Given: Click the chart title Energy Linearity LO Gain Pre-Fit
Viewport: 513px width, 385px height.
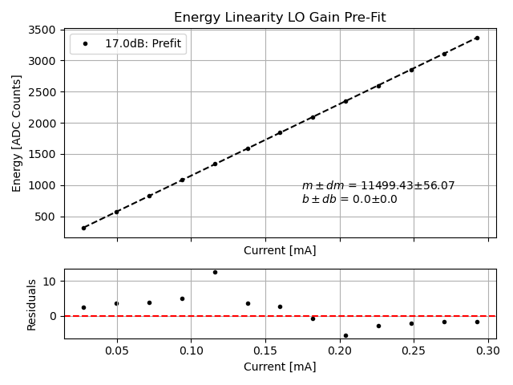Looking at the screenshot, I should coord(280,17).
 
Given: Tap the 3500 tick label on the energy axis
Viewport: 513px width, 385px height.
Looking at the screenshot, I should coord(42,30).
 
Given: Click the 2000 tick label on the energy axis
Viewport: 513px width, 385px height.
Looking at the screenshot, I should coord(42,123).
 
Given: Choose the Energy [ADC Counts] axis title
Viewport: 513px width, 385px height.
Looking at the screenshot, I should coord(17,133).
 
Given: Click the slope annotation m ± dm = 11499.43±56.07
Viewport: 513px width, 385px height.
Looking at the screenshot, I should coord(378,185).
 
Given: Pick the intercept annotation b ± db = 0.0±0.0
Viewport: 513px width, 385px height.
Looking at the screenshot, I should coord(349,199).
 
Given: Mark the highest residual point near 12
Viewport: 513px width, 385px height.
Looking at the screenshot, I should coord(215,272).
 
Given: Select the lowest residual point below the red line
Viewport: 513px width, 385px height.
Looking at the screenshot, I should coord(345,335).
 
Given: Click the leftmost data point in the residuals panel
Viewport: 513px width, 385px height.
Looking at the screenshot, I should coord(83,307).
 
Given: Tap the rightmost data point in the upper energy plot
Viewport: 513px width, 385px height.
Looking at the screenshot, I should coord(477,38).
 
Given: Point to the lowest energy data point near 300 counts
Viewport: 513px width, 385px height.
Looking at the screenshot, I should coord(83,228).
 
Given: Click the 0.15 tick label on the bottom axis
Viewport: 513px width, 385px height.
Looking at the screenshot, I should coord(265,351).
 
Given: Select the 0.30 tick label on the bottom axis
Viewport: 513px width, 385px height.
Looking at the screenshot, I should coord(488,351).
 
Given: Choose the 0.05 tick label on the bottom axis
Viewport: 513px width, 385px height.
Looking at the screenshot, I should coord(117,351).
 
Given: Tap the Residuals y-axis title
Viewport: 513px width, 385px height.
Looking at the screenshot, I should coord(32,304).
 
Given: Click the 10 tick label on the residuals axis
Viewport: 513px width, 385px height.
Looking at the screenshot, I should coord(48,281).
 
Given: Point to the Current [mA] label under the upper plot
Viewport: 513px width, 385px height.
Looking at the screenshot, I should coord(280,250).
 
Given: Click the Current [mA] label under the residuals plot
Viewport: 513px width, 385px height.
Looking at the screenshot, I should coord(280,367).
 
